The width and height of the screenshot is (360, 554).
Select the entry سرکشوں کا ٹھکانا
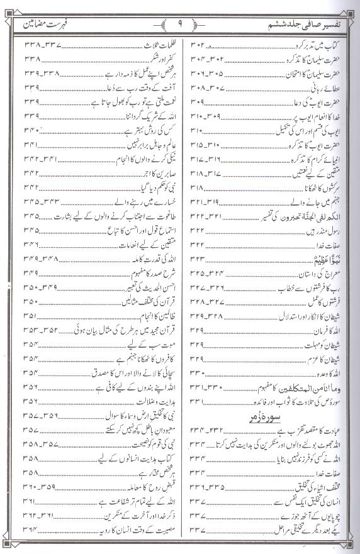pyautogui.click(x=324, y=188)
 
